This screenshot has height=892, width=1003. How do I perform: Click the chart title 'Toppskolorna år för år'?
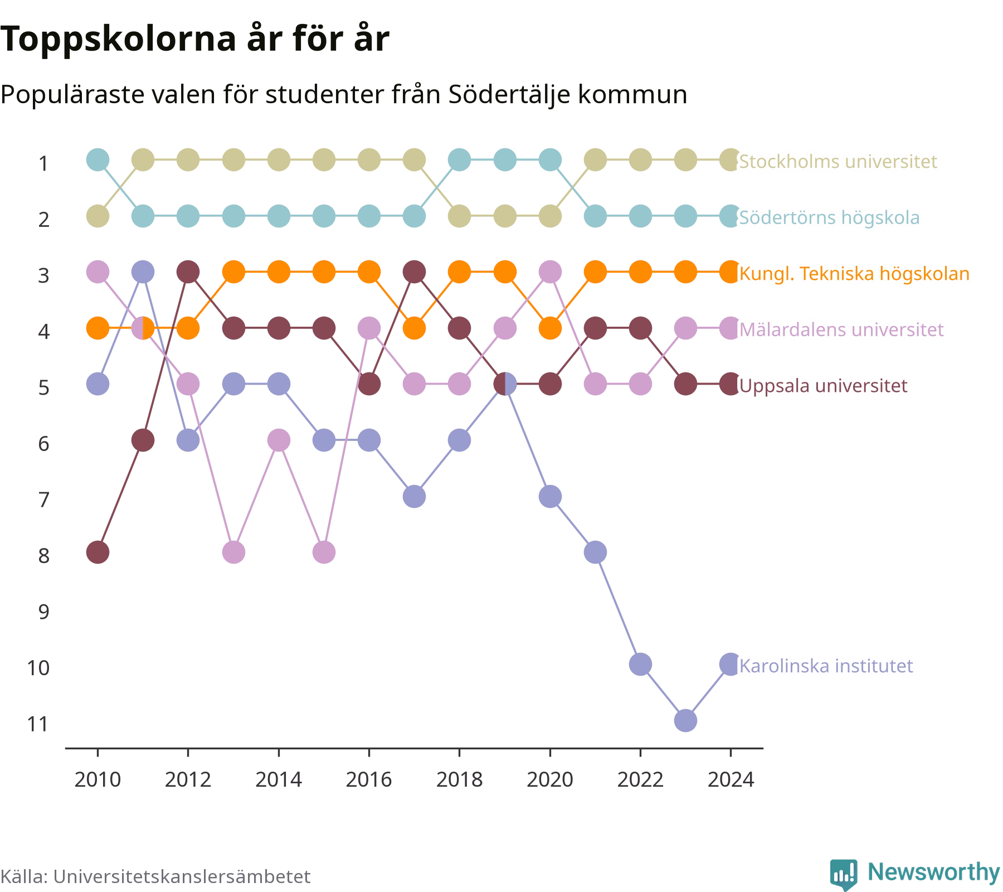click(194, 39)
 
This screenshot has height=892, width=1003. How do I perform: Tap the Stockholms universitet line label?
click(838, 161)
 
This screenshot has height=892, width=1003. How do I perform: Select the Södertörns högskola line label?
click(829, 217)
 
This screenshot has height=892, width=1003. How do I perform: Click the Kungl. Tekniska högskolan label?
click(854, 273)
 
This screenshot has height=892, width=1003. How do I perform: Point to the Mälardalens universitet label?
click(841, 329)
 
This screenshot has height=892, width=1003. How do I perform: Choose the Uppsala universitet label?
click(823, 385)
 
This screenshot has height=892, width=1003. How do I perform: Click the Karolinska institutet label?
click(826, 665)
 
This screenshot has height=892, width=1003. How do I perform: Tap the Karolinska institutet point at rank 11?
click(685, 720)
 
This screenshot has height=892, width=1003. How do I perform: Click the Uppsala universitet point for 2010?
click(98, 552)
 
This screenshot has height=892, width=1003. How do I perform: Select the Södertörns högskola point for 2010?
click(98, 160)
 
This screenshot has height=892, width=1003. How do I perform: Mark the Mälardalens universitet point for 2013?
click(233, 552)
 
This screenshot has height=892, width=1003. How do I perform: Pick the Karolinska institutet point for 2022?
click(640, 664)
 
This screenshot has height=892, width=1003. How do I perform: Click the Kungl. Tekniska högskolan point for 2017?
click(414, 328)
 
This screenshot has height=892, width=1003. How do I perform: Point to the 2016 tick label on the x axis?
click(369, 779)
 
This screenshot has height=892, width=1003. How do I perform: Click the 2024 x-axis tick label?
click(731, 779)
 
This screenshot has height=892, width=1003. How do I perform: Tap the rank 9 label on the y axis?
click(43, 612)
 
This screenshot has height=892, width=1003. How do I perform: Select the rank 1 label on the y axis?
click(43, 163)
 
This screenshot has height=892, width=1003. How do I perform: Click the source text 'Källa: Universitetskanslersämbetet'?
click(155, 876)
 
